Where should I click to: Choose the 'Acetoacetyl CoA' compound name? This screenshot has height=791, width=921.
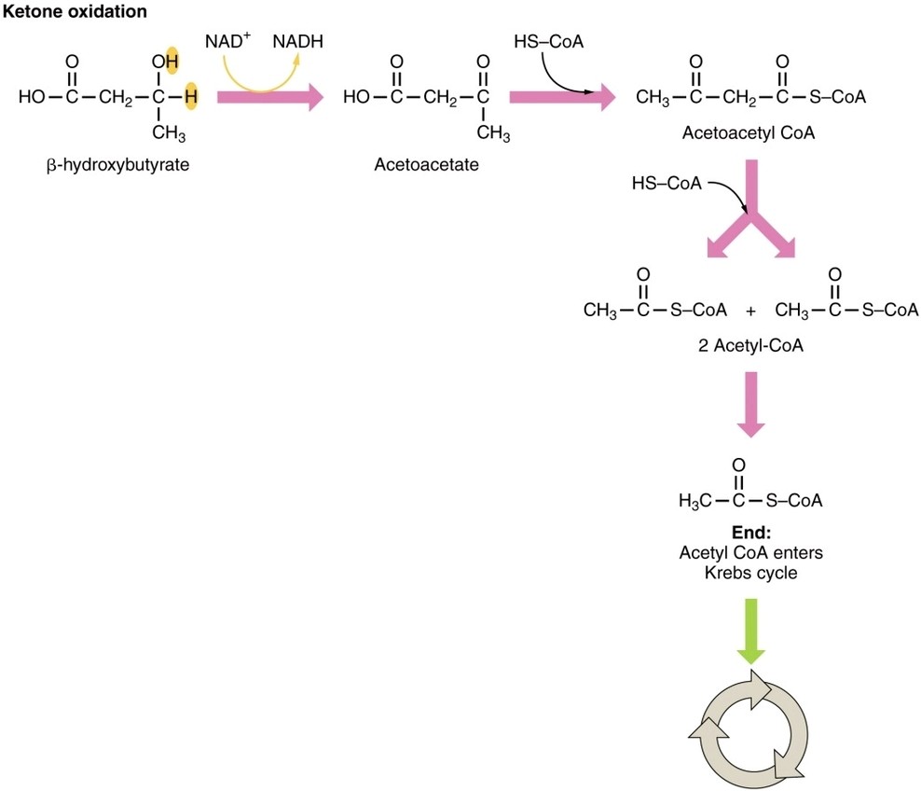point(749,133)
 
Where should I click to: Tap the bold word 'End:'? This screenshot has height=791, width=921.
point(751,534)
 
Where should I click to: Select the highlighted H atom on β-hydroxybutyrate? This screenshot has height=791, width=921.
point(190,96)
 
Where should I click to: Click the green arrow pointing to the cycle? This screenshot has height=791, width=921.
point(750,631)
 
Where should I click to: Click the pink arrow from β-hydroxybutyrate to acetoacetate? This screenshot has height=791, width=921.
point(268,96)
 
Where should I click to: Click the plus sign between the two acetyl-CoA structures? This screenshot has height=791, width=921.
point(750,311)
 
